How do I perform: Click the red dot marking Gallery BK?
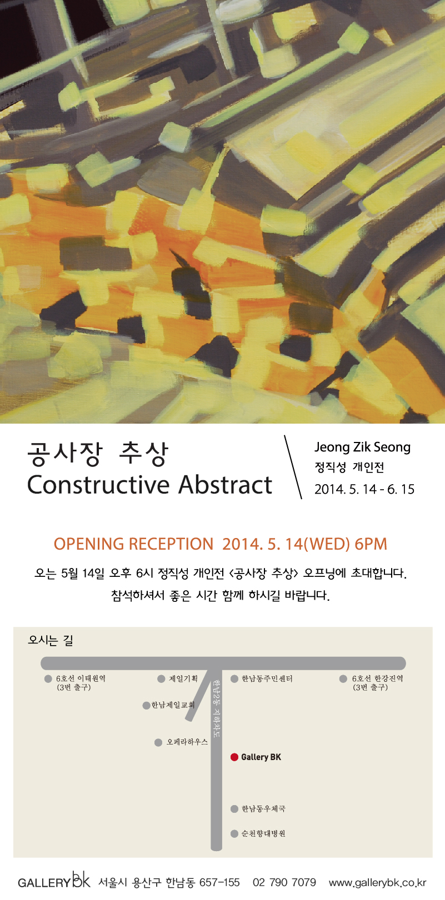pyautogui.click(x=234, y=757)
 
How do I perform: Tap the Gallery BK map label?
pyautogui.click(x=261, y=757)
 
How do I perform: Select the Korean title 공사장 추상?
pyautogui.click(x=97, y=454)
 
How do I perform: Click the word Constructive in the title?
pyautogui.click(x=99, y=485)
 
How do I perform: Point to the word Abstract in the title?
pyautogui.click(x=226, y=485)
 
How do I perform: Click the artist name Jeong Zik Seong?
pyautogui.click(x=362, y=447)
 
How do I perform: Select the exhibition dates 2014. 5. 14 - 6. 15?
pyautogui.click(x=364, y=489)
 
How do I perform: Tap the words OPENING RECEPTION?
pyautogui.click(x=133, y=544)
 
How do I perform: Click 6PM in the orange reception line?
pyautogui.click(x=371, y=544)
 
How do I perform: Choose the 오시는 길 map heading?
pyautogui.click(x=50, y=640)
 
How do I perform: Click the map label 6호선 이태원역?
pyautogui.click(x=81, y=678)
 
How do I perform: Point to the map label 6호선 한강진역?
pyautogui.click(x=377, y=678)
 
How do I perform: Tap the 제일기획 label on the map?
pyautogui.click(x=183, y=678)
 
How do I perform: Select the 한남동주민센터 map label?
pyautogui.click(x=267, y=678)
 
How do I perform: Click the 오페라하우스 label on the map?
pyautogui.click(x=187, y=742)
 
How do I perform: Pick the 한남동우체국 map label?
pyautogui.click(x=263, y=809)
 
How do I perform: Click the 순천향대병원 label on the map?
pyautogui.click(x=263, y=834)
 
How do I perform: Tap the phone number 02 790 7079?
pyautogui.click(x=284, y=882)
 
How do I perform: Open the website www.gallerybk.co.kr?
pyautogui.click(x=377, y=883)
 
